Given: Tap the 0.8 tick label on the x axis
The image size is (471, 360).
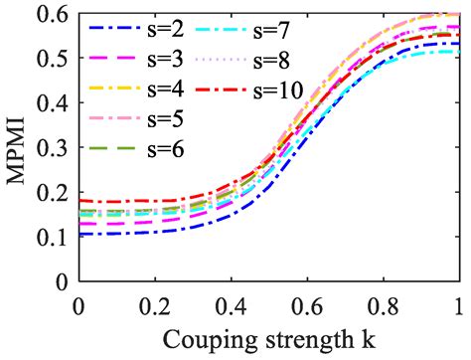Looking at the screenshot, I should (383, 304).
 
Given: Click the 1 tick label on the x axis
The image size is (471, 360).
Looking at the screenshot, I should (457, 304).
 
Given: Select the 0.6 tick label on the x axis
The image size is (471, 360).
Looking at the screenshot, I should (307, 304).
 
